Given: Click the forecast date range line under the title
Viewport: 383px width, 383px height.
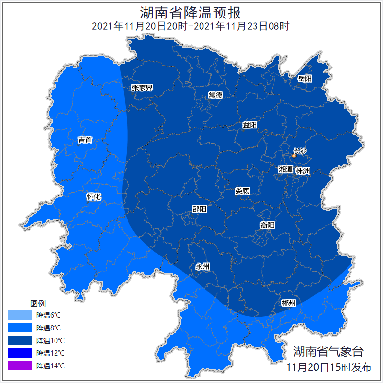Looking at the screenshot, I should tap(191, 26).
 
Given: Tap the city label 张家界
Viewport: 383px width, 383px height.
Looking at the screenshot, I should tap(142, 88).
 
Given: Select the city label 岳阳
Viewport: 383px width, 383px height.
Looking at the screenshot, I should tap(305, 78).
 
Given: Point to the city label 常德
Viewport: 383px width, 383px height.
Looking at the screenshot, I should tap(215, 95).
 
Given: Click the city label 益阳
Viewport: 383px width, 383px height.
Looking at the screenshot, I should tap(250, 125).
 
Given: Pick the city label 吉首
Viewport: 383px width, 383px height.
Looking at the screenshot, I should tap(85, 140).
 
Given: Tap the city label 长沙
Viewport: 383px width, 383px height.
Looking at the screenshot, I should tap(300, 151).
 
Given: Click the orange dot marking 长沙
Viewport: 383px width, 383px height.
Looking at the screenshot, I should tap(294, 155).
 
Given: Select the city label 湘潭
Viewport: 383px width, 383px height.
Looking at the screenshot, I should tap(286, 170).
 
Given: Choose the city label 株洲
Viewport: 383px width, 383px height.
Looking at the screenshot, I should tap(303, 171).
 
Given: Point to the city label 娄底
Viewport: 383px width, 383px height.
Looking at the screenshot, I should tap(242, 191).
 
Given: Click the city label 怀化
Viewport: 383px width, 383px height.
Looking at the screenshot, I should tap(93, 197).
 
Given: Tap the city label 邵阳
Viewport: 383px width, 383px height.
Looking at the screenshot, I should tap(199, 209).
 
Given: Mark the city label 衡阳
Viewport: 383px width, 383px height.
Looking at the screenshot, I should tap(267, 225).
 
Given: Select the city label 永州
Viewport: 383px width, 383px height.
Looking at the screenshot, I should tap(202, 266).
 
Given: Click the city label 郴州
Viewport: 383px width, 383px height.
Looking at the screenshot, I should tap(288, 303).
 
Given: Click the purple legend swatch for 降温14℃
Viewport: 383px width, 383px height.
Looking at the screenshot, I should tap(20, 365).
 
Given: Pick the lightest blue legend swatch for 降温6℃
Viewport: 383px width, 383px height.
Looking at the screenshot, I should tap(20, 315).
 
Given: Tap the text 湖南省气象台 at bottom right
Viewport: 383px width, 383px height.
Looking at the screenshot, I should tap(328, 351).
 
